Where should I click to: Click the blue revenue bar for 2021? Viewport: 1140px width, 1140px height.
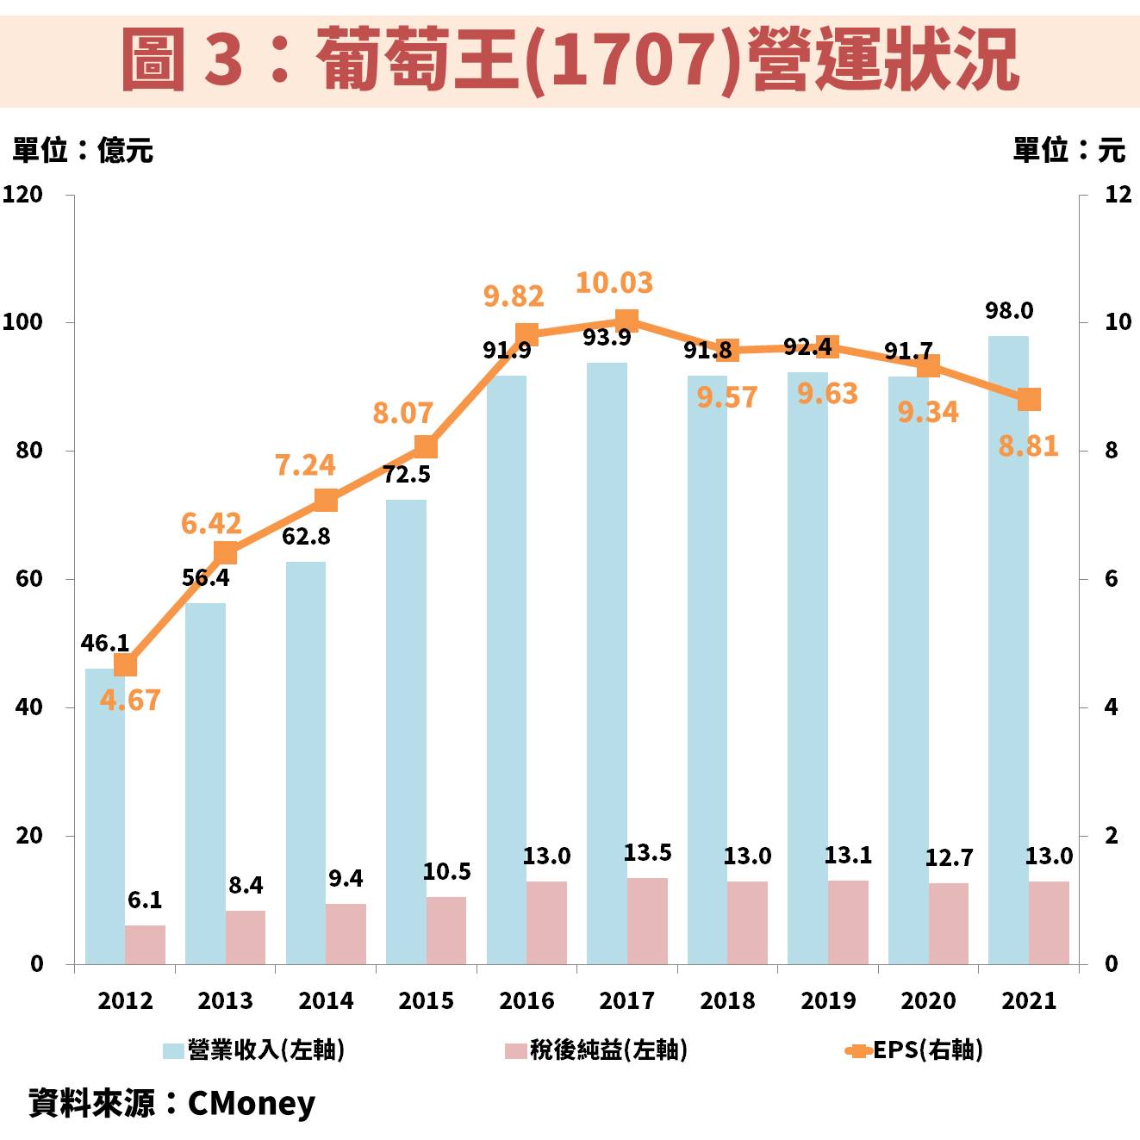(1008, 655)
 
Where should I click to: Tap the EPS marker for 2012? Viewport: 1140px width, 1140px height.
(125, 665)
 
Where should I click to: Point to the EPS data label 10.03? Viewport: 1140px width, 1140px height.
(614, 283)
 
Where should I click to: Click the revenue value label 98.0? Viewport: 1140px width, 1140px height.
(1009, 310)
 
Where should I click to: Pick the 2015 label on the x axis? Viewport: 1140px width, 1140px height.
(426, 1000)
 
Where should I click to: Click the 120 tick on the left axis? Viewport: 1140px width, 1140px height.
(22, 195)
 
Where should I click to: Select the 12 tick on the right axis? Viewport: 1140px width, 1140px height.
(1118, 195)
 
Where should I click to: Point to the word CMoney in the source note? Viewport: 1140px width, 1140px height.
(251, 1103)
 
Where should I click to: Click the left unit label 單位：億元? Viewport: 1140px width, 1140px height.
(83, 150)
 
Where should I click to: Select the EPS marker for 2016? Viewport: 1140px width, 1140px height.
(526, 335)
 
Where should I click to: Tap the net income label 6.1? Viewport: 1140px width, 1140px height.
(145, 900)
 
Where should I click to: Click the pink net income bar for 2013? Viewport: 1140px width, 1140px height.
(246, 937)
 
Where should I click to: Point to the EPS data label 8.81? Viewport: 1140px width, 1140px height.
(1028, 446)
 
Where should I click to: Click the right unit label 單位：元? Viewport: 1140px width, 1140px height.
(1068, 150)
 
